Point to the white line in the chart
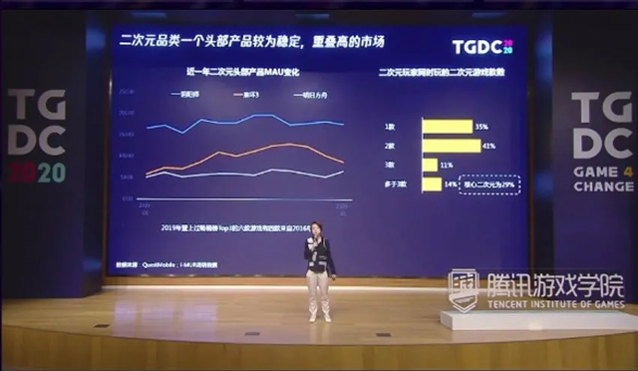[249, 178]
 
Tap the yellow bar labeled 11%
[430, 165]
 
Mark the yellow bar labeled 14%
[432, 185]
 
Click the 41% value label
[488, 146]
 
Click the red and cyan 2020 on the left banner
[38, 172]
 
